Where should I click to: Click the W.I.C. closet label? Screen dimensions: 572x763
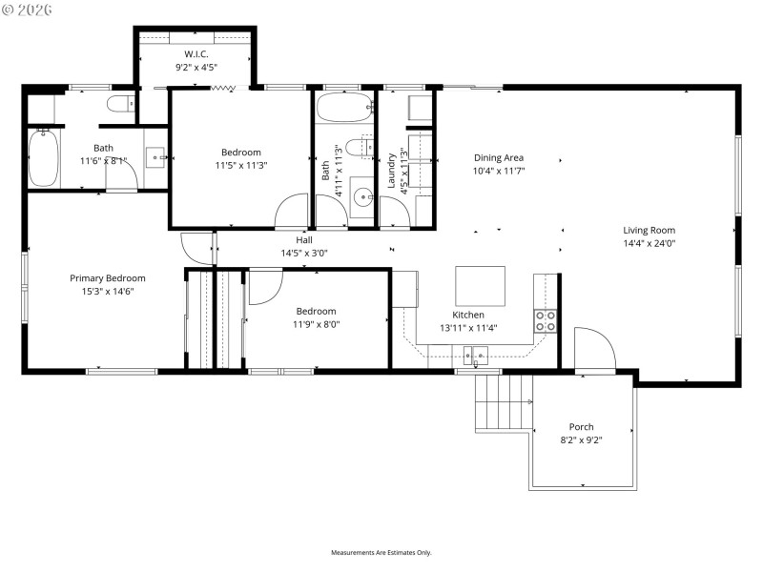pos(196,53)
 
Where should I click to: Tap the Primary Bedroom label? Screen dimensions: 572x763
pos(107,278)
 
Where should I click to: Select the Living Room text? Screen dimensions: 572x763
pos(650,230)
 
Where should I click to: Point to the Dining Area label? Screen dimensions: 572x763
pos(499,158)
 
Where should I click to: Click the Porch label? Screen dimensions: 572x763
pos(581,427)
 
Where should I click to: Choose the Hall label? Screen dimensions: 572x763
pos(304,240)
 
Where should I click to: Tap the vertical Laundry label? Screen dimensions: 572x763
pos(391,170)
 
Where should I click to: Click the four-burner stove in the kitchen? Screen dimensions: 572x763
pos(546,320)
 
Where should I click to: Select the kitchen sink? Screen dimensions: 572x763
pos(476,356)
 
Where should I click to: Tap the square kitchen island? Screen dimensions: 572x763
pos(480,285)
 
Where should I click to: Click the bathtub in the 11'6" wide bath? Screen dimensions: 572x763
pos(44,158)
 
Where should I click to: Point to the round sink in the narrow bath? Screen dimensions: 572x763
pos(362,198)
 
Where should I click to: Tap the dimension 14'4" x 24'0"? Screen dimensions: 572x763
pos(650,243)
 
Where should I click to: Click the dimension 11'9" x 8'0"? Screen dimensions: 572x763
pos(316,324)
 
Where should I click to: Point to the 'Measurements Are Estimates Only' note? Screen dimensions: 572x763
pos(381,553)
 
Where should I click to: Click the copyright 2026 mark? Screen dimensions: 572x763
pos(28,10)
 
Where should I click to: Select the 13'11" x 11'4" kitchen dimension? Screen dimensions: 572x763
pos(468,328)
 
